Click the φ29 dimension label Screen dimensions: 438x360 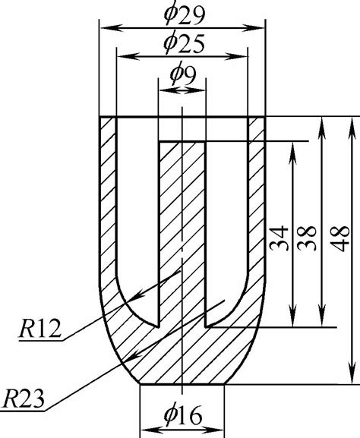coord(183,14)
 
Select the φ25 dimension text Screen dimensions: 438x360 coord(183,43)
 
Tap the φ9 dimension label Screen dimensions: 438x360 coord(182,74)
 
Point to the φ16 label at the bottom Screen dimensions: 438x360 coord(183,415)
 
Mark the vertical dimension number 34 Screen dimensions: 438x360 coord(277,238)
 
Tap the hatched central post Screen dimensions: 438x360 coord(182,228)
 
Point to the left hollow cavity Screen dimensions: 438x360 coord(137,228)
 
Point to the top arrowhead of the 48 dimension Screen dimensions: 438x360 coord(352,122)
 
